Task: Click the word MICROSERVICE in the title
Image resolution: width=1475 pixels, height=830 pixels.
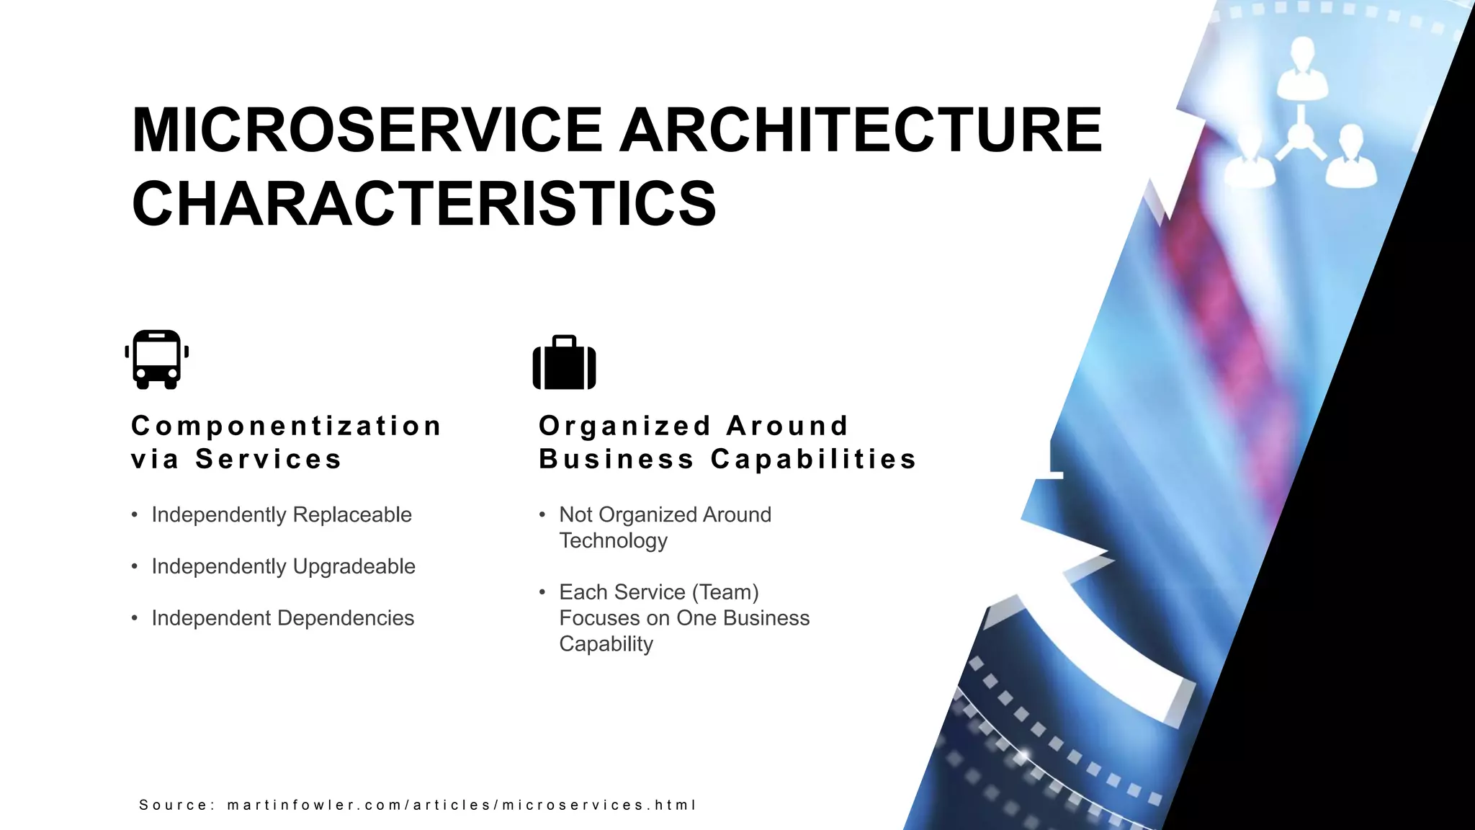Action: pyautogui.click(x=367, y=130)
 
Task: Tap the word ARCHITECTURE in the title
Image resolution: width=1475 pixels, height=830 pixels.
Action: pyautogui.click(x=861, y=130)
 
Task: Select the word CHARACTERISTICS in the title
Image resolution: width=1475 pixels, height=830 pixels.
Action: pyautogui.click(x=423, y=204)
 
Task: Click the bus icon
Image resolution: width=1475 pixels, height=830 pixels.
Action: pyautogui.click(x=157, y=360)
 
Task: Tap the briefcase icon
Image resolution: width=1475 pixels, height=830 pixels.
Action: pyautogui.click(x=564, y=363)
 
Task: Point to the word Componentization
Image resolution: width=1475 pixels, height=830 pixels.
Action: pyautogui.click(x=287, y=426)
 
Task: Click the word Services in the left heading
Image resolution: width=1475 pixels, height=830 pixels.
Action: pyautogui.click(x=269, y=459)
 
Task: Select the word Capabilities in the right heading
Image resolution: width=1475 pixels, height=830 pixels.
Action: pyautogui.click(x=814, y=459)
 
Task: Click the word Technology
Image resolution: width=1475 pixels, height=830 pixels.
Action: pyautogui.click(x=614, y=540)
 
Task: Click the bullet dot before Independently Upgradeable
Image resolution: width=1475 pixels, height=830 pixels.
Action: pyautogui.click(x=135, y=566)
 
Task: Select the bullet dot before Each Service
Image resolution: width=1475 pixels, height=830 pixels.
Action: pyautogui.click(x=542, y=592)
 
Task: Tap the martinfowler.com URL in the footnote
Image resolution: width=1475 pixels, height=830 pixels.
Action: pyautogui.click(x=461, y=805)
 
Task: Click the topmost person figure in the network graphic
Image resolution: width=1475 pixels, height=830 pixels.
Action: pyautogui.click(x=1302, y=66)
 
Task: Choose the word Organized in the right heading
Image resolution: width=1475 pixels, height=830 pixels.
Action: pyautogui.click(x=625, y=426)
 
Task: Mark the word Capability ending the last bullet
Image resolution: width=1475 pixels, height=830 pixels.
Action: pyautogui.click(x=606, y=644)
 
